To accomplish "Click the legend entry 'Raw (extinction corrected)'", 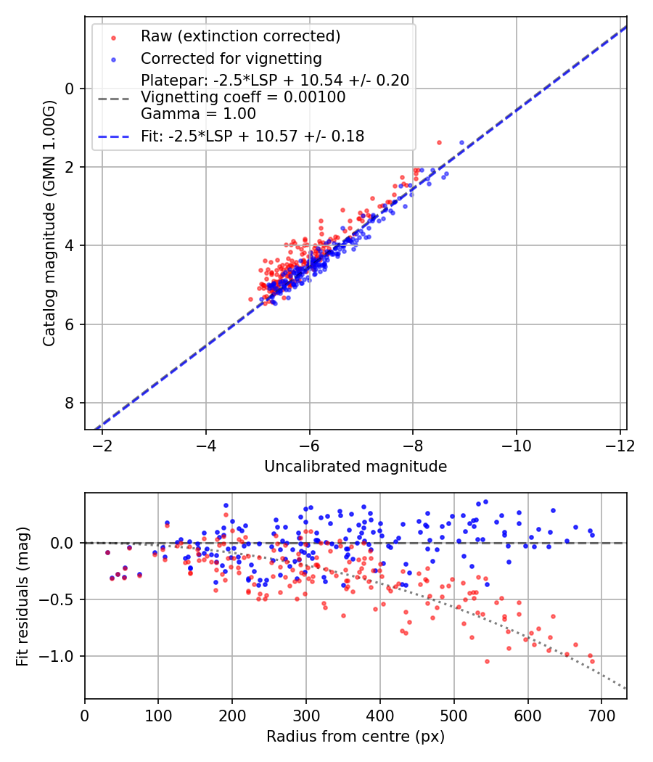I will click(240, 36).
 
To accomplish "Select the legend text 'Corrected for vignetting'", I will click(231, 58).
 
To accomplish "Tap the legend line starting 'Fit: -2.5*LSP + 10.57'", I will click(252, 136).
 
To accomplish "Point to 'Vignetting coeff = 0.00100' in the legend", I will click(243, 97).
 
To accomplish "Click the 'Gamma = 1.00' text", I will click(198, 113).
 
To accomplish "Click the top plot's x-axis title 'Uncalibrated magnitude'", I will click(356, 466).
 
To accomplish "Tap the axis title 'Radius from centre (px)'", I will click(356, 737).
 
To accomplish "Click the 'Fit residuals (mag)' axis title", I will click(22, 596).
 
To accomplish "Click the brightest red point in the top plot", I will click(439, 142).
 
